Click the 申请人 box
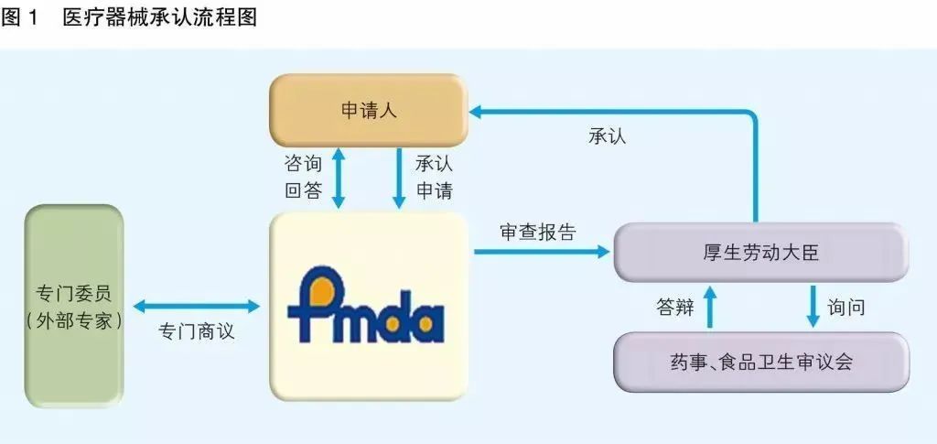368,111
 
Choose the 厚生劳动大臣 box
760,252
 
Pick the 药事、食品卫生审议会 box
760,362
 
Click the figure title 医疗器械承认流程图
159,17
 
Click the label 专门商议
197,331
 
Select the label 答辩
674,307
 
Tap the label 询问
845,307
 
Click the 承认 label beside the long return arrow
608,137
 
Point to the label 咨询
304,164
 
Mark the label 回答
304,191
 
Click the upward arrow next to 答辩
708,307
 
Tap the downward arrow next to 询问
812,307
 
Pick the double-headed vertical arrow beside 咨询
339,178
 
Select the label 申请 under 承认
435,191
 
